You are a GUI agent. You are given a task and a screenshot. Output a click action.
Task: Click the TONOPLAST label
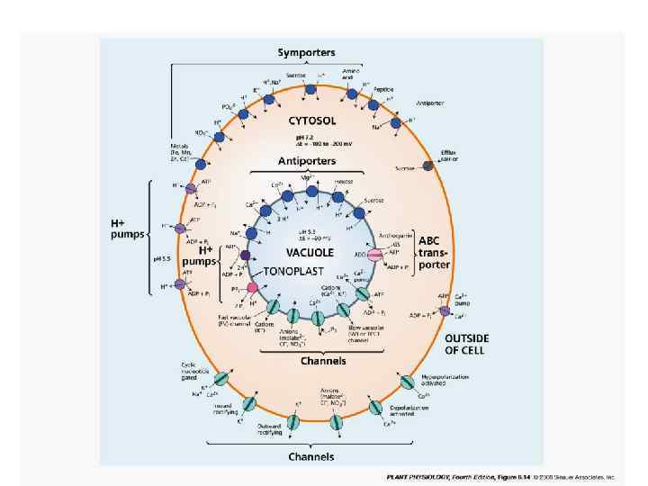(293, 270)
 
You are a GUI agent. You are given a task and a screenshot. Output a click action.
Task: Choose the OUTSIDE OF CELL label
(468, 343)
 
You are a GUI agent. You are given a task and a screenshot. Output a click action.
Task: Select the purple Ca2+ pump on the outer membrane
(444, 311)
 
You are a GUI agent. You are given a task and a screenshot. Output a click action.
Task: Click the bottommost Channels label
(312, 456)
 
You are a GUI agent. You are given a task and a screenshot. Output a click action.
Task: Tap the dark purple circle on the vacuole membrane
(246, 256)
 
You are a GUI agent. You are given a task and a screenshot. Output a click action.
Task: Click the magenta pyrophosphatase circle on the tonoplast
(253, 287)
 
